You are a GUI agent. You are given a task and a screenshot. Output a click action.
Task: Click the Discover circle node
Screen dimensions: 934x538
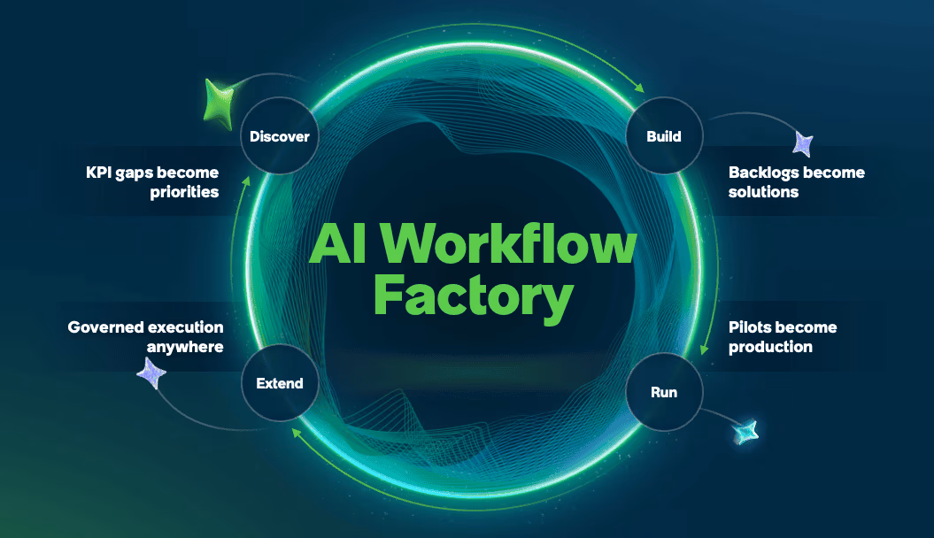click(x=280, y=135)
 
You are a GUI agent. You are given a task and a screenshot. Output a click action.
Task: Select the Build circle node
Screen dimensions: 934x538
click(x=664, y=135)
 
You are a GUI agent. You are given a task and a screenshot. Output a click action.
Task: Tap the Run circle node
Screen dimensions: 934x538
click(x=664, y=392)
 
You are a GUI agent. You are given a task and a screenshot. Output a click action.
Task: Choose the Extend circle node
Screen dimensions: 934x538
click(x=280, y=382)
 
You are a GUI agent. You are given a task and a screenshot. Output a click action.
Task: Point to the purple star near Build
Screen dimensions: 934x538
click(x=803, y=143)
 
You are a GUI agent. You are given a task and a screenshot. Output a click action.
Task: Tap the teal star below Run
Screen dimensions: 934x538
click(x=745, y=432)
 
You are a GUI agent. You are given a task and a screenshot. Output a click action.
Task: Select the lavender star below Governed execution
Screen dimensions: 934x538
click(x=151, y=373)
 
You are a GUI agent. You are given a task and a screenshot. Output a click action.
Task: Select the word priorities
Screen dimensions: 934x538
click(x=184, y=192)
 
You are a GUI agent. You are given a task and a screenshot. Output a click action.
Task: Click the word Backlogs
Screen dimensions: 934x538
click(x=764, y=173)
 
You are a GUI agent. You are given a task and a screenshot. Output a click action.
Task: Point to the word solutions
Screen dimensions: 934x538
click(x=764, y=192)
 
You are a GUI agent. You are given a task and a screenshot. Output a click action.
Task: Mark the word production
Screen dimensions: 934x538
click(x=770, y=347)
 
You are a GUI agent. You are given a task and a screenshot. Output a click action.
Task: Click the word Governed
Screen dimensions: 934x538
click(x=104, y=327)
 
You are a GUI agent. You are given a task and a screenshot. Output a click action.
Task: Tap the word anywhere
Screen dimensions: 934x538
click(x=185, y=347)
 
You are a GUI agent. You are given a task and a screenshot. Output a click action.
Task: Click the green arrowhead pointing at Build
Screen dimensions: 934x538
click(x=639, y=88)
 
